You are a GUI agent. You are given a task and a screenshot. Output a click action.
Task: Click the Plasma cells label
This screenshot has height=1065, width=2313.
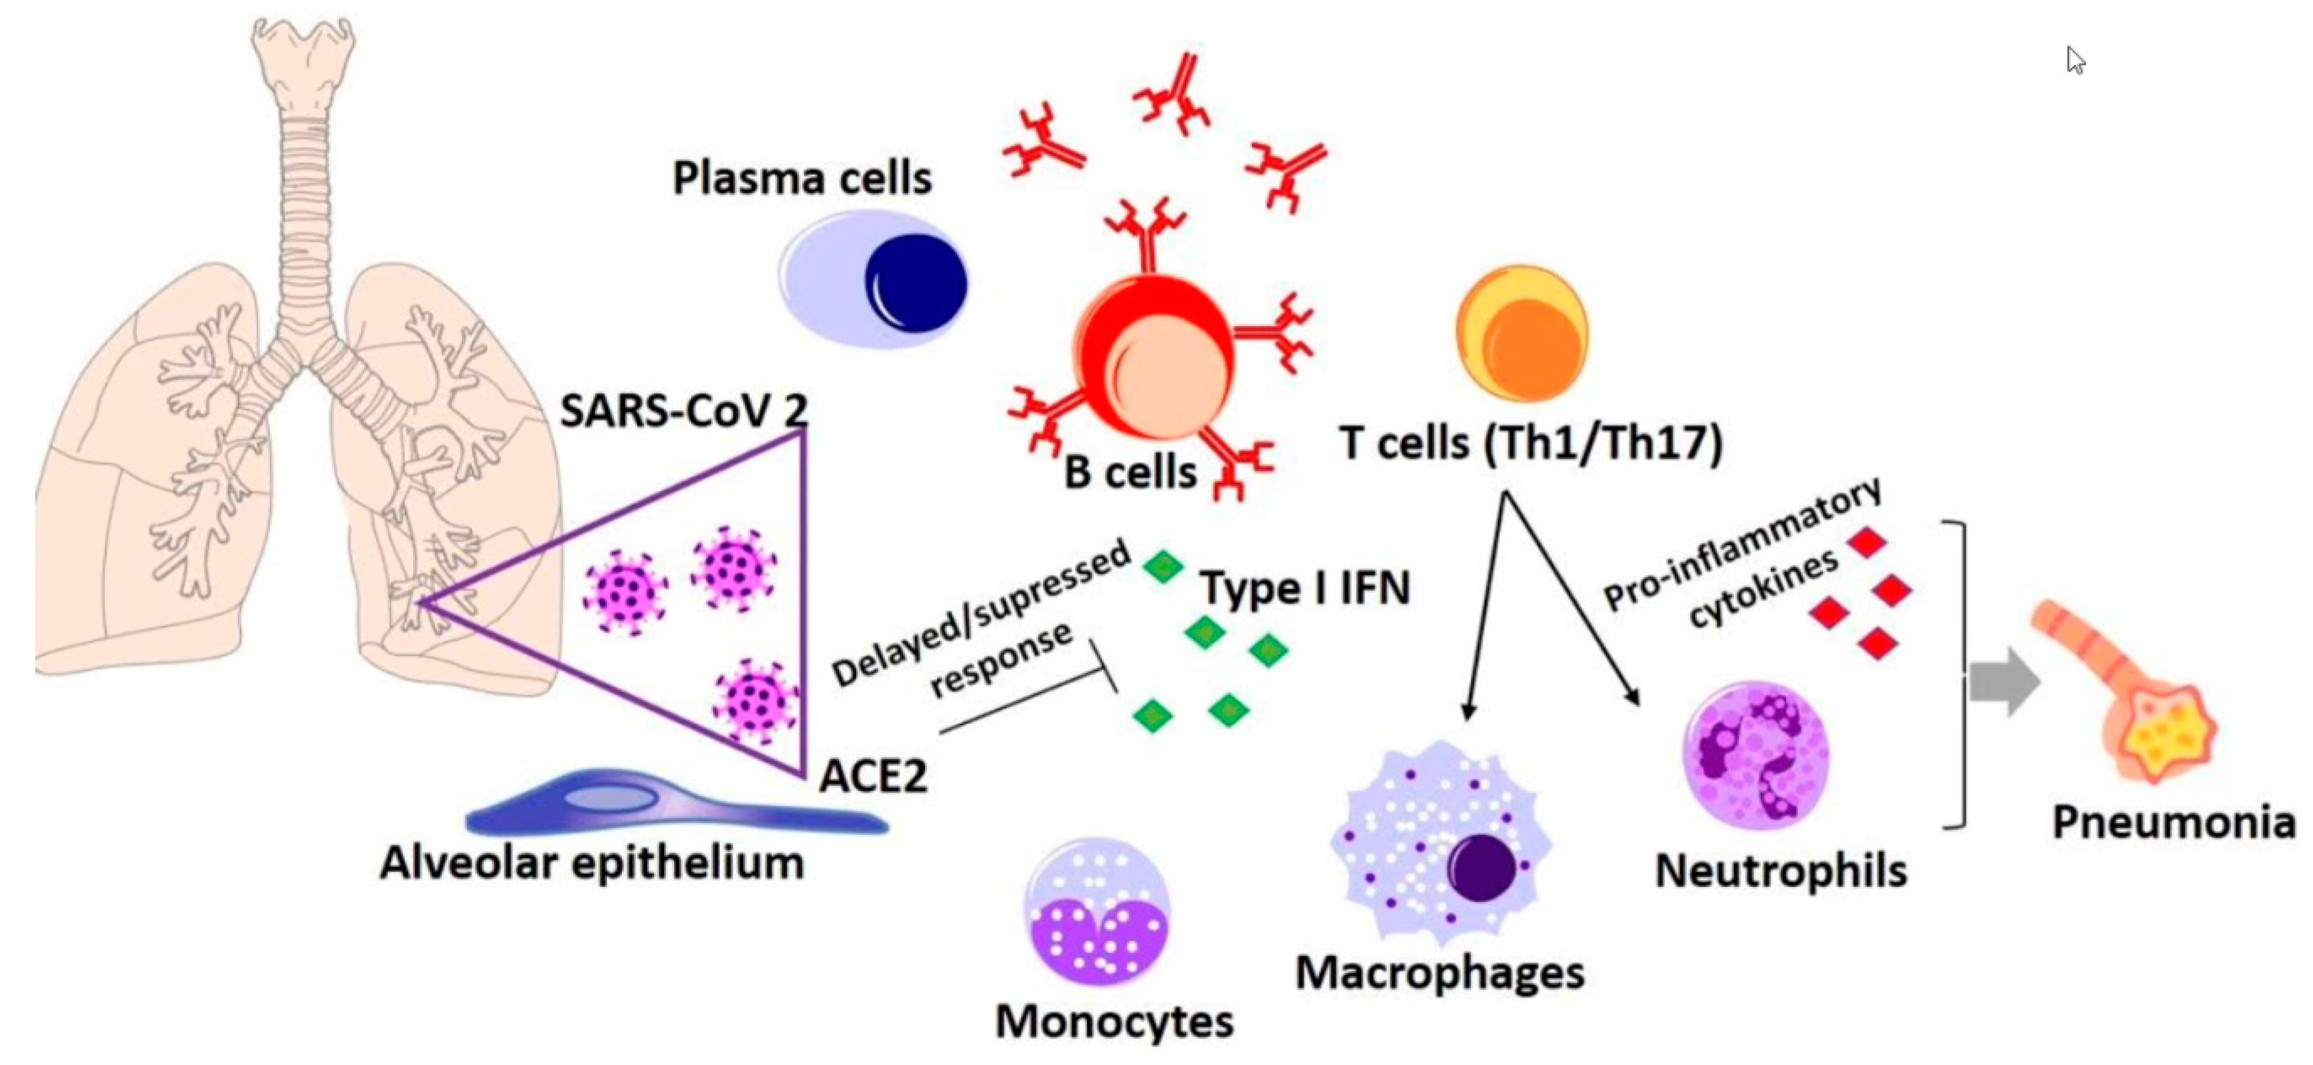coord(802,178)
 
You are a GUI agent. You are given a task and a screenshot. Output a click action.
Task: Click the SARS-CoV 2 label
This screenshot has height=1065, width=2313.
coord(684,411)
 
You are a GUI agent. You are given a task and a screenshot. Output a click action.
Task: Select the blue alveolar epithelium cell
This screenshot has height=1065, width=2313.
coord(674,805)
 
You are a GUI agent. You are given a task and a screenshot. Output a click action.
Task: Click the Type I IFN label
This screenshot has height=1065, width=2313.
coord(1306,588)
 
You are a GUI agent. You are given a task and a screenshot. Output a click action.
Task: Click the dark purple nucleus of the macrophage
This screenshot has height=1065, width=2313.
coord(1481,867)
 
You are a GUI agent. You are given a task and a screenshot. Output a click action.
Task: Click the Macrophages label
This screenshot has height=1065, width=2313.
coord(1439,973)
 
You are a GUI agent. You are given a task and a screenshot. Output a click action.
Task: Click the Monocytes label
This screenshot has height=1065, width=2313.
coord(1114,1022)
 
